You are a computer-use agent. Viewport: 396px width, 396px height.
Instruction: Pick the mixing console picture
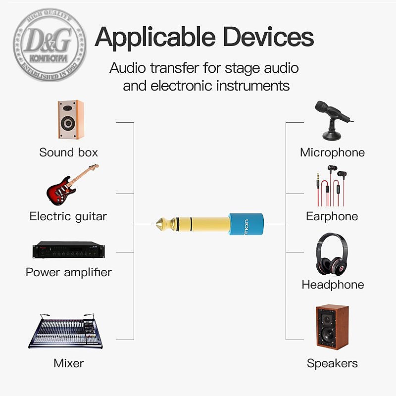(x=65, y=331)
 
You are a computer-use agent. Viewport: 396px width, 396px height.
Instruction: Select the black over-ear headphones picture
(x=332, y=255)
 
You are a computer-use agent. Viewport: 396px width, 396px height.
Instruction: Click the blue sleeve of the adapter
(x=245, y=223)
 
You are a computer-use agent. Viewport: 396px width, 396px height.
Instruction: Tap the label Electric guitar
(x=68, y=216)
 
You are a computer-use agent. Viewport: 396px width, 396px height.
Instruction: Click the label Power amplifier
(x=69, y=272)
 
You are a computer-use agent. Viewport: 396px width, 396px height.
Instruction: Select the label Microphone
(x=332, y=152)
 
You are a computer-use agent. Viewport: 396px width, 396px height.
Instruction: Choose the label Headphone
(x=333, y=285)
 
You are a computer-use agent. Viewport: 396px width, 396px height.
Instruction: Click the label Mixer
(x=69, y=363)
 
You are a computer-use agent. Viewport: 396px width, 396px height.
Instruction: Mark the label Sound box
(x=69, y=152)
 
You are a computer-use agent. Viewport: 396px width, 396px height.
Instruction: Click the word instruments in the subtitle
(x=248, y=86)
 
